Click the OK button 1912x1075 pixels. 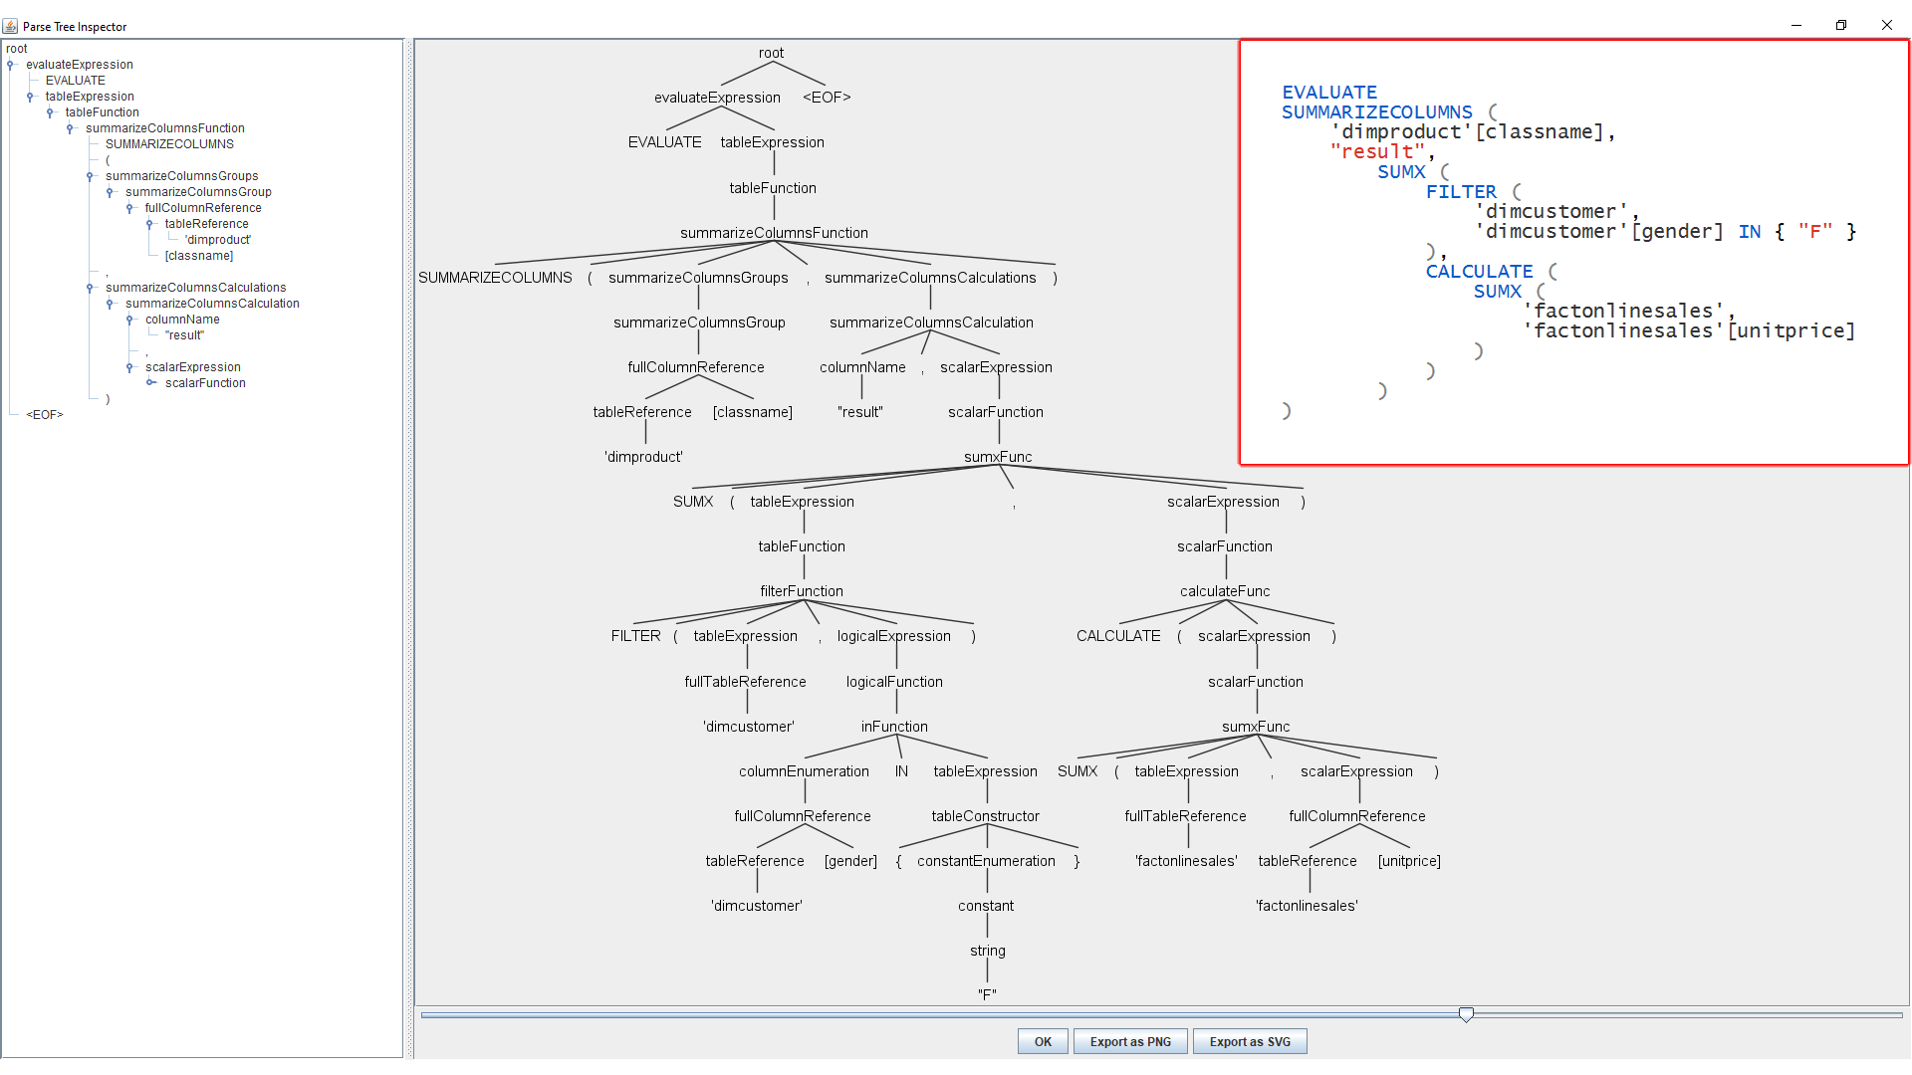pos(1043,1041)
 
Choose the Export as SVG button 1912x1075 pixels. pos(1250,1041)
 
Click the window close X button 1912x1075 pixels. pos(1886,25)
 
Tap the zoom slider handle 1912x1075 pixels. pos(1466,1014)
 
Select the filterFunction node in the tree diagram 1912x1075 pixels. pos(802,591)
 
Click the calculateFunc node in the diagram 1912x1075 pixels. pos(1225,591)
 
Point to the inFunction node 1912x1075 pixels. pos(894,727)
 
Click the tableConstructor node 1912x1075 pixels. pos(985,816)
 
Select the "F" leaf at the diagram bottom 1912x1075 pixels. pos(987,994)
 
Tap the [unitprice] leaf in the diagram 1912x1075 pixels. pos(1409,861)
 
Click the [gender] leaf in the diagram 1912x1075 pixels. pos(850,861)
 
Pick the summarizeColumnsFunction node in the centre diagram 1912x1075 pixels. pos(774,233)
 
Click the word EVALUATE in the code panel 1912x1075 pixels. pos(1329,93)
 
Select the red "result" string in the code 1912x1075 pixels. pos(1378,152)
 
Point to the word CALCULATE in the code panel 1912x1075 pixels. pos(1479,272)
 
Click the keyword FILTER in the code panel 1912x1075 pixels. pos(1461,192)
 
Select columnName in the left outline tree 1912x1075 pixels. pos(182,320)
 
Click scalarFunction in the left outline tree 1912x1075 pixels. pos(205,383)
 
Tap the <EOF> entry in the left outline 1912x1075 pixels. pos(45,415)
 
